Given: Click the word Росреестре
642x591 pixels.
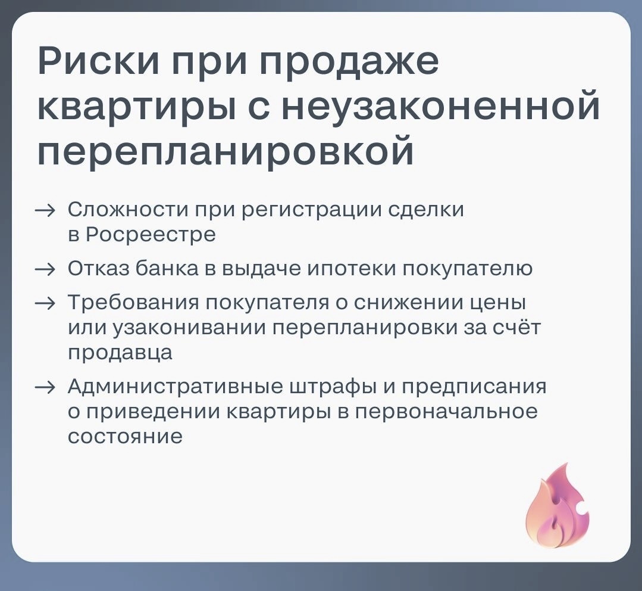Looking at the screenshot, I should click(x=151, y=235).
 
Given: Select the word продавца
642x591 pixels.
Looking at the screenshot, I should click(x=120, y=352).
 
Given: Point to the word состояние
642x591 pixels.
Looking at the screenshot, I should click(x=124, y=436).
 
